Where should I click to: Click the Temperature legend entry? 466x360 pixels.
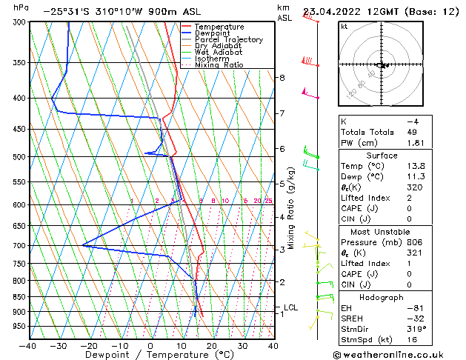219,27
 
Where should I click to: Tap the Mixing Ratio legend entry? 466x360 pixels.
219,65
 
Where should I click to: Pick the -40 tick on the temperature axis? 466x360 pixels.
28,345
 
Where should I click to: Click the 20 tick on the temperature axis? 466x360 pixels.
212,345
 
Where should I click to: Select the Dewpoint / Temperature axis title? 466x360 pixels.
150,355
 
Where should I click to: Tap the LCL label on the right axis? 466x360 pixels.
292,307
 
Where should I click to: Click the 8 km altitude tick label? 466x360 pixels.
282,78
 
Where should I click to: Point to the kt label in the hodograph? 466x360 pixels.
344,27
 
